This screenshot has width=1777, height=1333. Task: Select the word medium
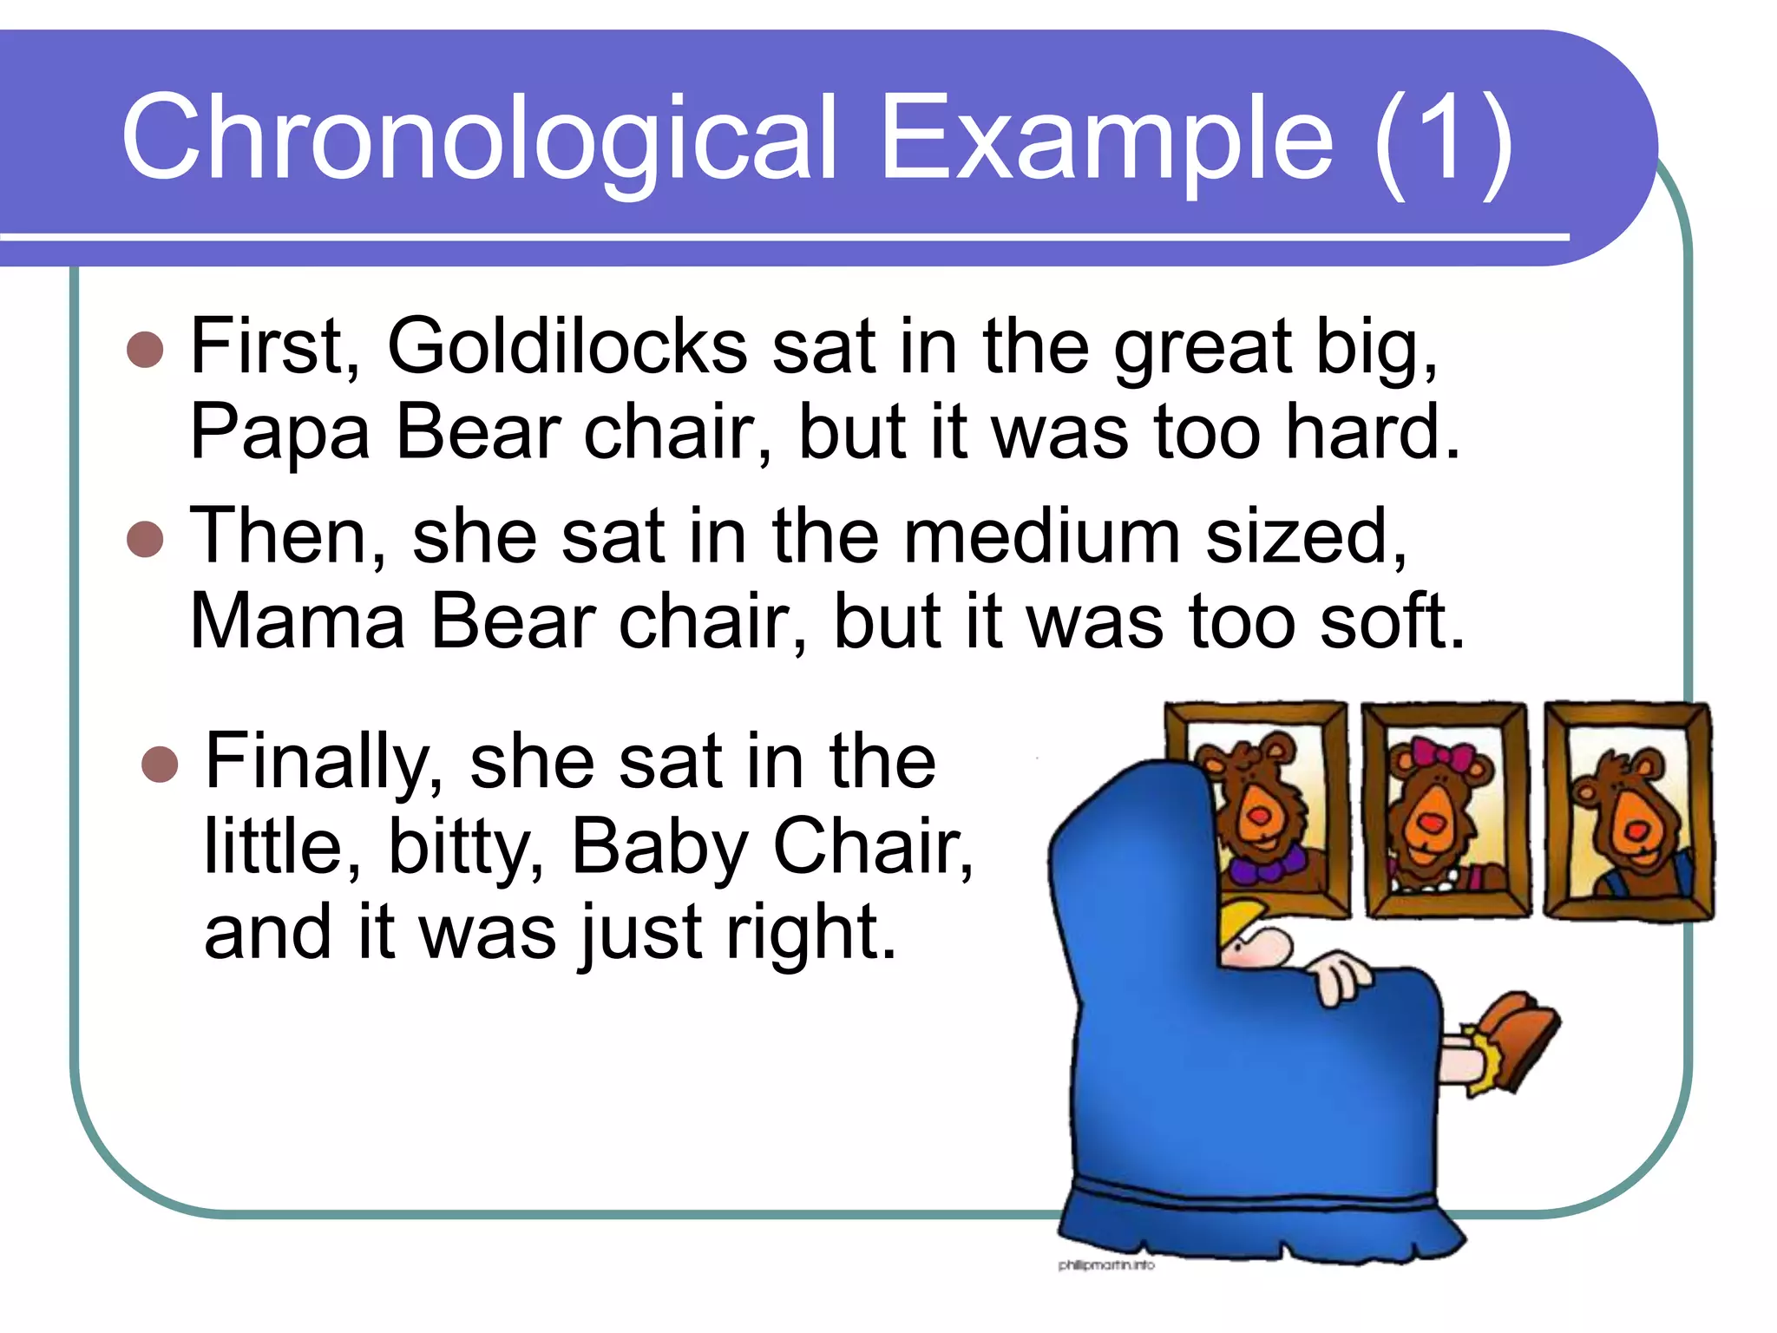pos(1041,536)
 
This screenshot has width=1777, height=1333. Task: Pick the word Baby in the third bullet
pos(659,846)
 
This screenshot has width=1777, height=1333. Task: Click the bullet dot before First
pos(145,350)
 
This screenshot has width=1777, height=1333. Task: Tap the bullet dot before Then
pos(145,539)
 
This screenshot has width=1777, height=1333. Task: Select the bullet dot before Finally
pos(160,764)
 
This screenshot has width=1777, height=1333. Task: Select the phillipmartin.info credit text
pos(1106,1265)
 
